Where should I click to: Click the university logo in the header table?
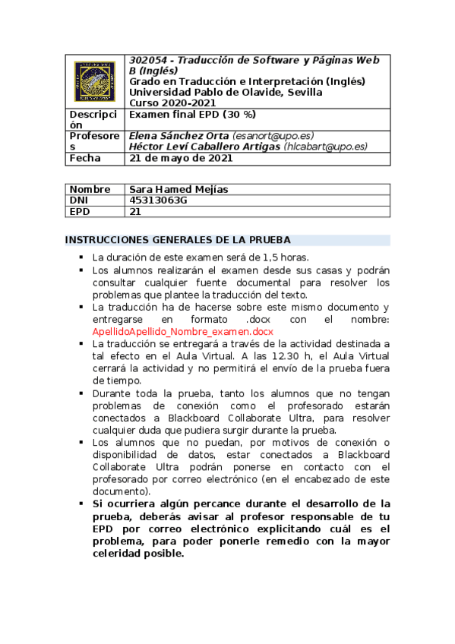95,81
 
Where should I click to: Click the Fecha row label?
85,159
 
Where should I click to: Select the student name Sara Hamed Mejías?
179,189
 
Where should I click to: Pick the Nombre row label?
90,189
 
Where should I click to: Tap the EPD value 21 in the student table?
136,212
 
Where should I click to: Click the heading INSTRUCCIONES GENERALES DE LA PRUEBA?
178,240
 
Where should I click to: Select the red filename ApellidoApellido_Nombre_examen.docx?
182,332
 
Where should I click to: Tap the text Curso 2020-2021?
172,103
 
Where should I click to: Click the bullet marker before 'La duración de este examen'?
80,258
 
